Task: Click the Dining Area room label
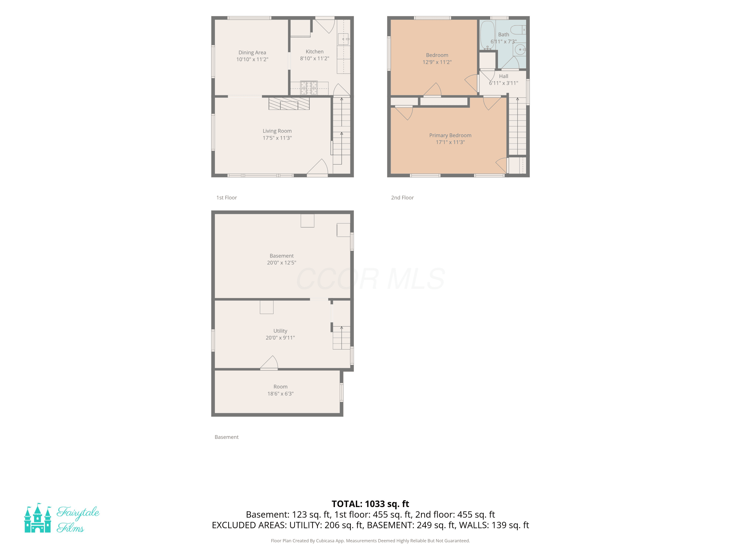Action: click(x=252, y=53)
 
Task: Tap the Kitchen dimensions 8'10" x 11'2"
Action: click(x=315, y=59)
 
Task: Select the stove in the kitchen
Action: click(x=309, y=88)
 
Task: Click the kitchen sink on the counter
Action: click(x=343, y=39)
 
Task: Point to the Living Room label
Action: click(x=277, y=131)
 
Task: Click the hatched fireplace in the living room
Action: click(x=289, y=104)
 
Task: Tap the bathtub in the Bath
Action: click(x=487, y=35)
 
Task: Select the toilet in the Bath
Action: click(x=518, y=30)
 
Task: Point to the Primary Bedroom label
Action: click(x=450, y=135)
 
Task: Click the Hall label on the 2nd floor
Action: click(x=503, y=76)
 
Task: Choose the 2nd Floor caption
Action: click(x=402, y=198)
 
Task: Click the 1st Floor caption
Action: click(x=226, y=198)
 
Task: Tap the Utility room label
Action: click(x=280, y=331)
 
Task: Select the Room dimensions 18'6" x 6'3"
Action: click(x=280, y=394)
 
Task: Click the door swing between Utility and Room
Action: click(x=269, y=363)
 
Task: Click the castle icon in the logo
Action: click(x=38, y=518)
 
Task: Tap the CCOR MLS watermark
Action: click(x=370, y=279)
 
